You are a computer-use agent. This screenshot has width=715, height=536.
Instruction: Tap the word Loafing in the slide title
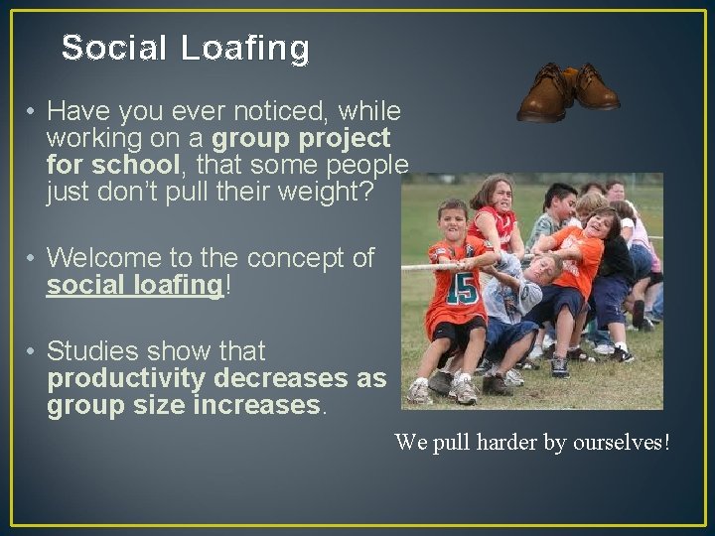pyautogui.click(x=245, y=48)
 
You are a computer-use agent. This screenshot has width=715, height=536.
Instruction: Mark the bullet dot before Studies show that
pyautogui.click(x=33, y=352)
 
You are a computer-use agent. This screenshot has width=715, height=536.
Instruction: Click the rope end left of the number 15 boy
pyautogui.click(x=412, y=266)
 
